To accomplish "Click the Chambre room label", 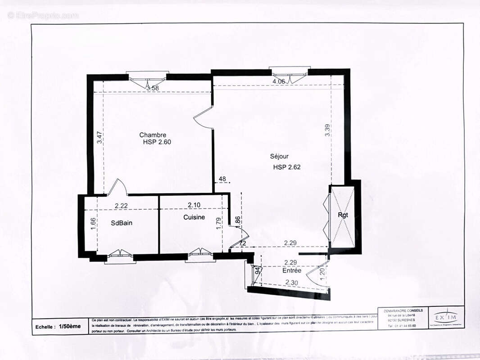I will click(x=153, y=135).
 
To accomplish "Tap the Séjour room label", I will click(x=279, y=156).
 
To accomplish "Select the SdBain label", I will click(x=122, y=223).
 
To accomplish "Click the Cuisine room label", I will click(x=194, y=217).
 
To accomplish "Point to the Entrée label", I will click(x=292, y=270).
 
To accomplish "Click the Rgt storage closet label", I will click(x=343, y=215).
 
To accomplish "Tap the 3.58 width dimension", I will click(x=153, y=88).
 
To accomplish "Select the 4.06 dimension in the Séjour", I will click(x=279, y=81).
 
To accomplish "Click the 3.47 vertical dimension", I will click(x=100, y=137).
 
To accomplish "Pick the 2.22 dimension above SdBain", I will click(x=122, y=206).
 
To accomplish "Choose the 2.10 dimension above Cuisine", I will click(x=194, y=205).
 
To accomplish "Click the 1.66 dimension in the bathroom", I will click(x=93, y=224).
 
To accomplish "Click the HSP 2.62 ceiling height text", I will click(x=286, y=167).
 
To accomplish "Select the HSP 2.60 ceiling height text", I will click(x=157, y=142).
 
